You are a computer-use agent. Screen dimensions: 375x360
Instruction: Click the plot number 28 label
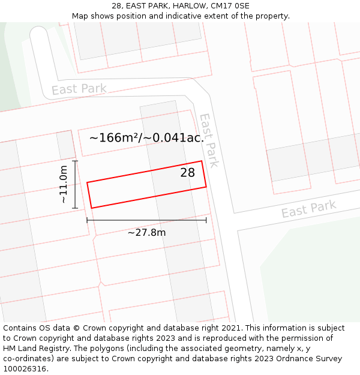click(x=188, y=173)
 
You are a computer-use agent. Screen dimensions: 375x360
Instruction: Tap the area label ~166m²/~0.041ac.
click(x=146, y=137)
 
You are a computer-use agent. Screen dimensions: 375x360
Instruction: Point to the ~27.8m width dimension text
click(x=146, y=232)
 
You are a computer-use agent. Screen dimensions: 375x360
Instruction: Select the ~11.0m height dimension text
click(x=64, y=185)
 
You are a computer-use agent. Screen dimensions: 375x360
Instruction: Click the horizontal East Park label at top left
click(x=79, y=89)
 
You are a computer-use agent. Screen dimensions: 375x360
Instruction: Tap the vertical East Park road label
click(x=208, y=140)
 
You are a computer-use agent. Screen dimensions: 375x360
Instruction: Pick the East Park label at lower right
click(x=308, y=209)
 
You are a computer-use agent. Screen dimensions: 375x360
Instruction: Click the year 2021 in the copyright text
click(x=231, y=328)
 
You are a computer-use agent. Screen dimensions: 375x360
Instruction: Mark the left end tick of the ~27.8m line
click(x=87, y=220)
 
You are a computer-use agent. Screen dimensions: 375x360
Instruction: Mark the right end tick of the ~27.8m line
click(x=206, y=220)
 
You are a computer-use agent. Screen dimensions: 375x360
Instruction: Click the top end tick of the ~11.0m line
click(x=75, y=161)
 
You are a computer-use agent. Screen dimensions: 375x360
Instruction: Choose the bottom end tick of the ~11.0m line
click(x=75, y=208)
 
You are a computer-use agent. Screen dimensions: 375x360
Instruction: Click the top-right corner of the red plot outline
click(x=202, y=161)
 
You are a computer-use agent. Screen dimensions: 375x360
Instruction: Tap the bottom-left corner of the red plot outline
click(x=92, y=208)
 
